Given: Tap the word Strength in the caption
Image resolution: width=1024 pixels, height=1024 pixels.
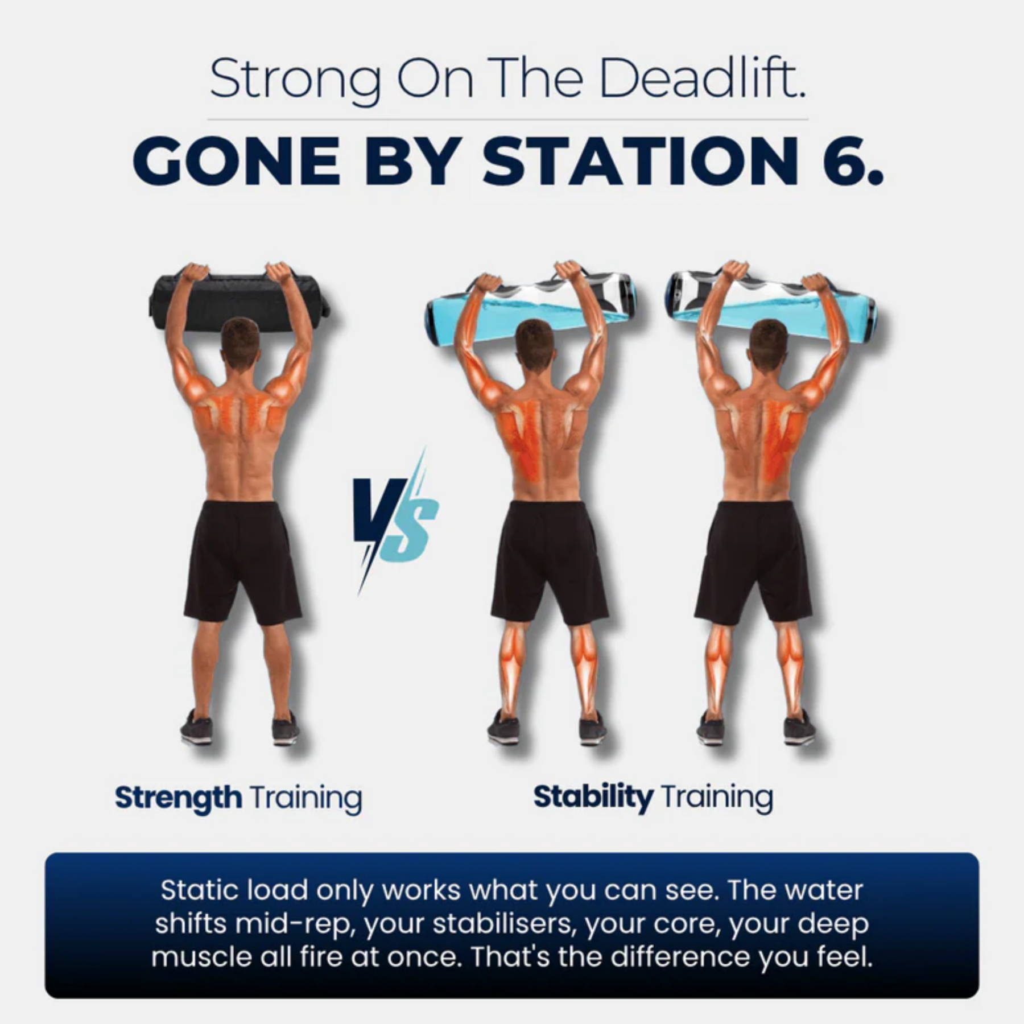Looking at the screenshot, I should pyautogui.click(x=178, y=798).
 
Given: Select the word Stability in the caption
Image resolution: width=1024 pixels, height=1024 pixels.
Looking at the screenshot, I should pyautogui.click(x=593, y=796).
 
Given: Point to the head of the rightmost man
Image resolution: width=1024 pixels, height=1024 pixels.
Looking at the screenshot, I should pyautogui.click(x=768, y=341).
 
